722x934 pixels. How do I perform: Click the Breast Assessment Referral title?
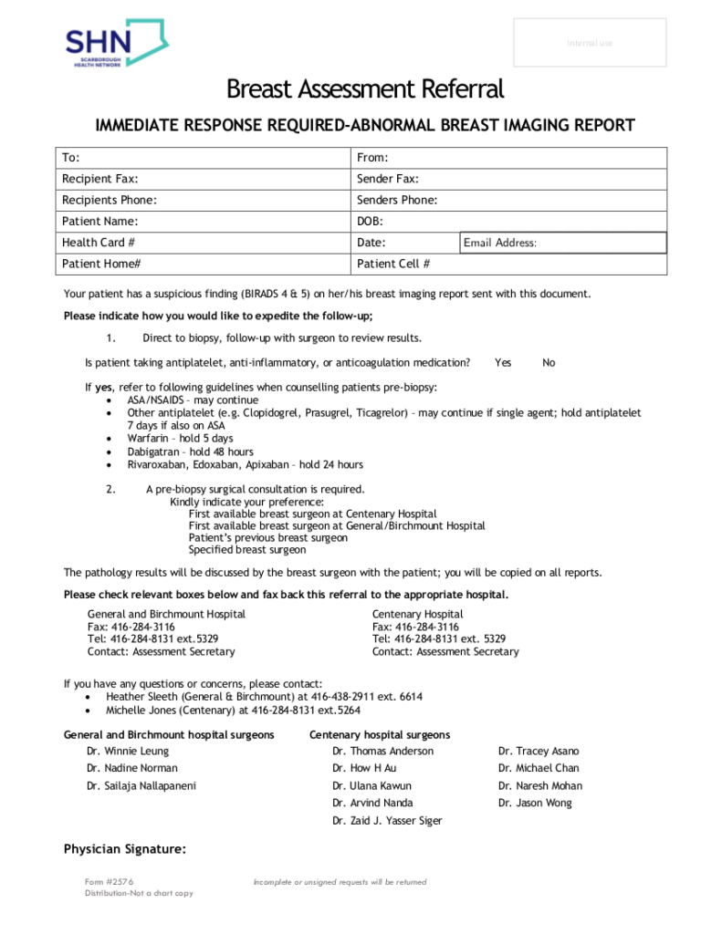[x=364, y=89]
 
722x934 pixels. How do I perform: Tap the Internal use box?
[x=590, y=43]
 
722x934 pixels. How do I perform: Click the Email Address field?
[x=562, y=243]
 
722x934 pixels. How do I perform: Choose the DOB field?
[x=509, y=222]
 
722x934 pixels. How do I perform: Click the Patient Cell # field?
[x=509, y=264]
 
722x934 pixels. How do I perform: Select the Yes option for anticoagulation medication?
[x=503, y=363]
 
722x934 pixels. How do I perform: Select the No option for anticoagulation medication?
[x=549, y=363]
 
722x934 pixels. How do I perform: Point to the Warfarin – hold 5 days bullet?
[x=180, y=439]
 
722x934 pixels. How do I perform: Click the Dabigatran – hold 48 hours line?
[x=190, y=451]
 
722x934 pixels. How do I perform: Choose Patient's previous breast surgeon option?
[x=267, y=538]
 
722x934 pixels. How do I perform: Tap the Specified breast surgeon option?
[x=247, y=550]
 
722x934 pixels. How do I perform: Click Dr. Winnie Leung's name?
[x=128, y=752]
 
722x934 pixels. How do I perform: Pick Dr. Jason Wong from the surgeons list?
[x=535, y=804]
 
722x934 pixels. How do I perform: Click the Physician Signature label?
[x=124, y=850]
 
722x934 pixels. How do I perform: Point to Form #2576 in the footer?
[x=110, y=882]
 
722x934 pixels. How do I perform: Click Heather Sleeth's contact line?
[x=264, y=697]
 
